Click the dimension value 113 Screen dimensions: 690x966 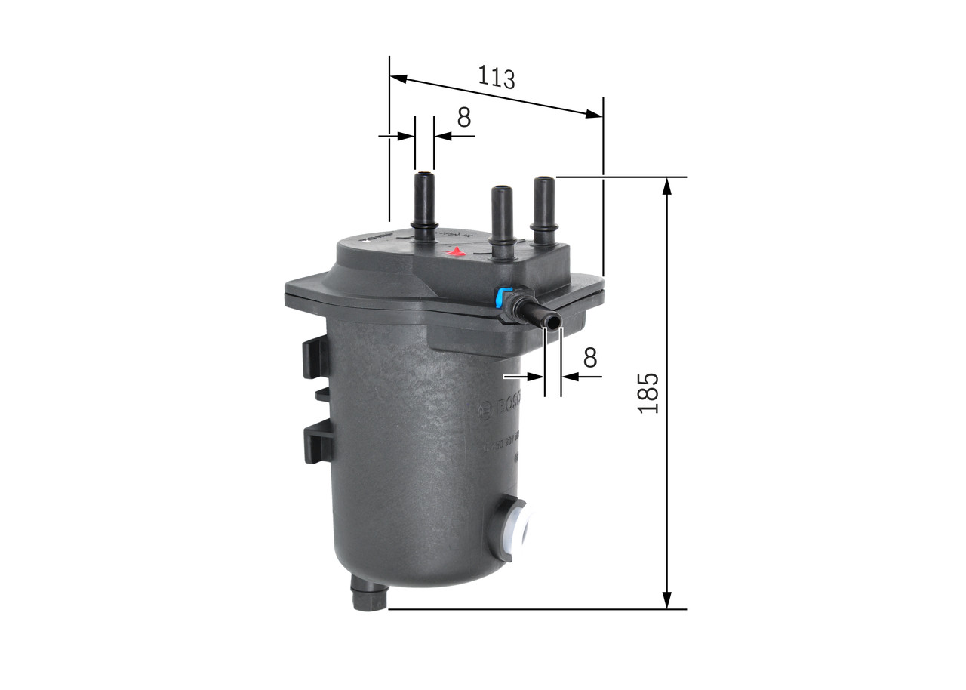point(496,77)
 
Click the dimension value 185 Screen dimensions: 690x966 point(648,393)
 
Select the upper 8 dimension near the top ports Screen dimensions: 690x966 point(463,118)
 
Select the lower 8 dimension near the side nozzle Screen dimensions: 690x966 point(589,356)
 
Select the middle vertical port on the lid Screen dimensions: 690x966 point(502,214)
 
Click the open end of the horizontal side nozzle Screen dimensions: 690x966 point(554,322)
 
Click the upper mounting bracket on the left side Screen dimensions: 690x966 point(316,357)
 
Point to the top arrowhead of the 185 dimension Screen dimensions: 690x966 point(666,186)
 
